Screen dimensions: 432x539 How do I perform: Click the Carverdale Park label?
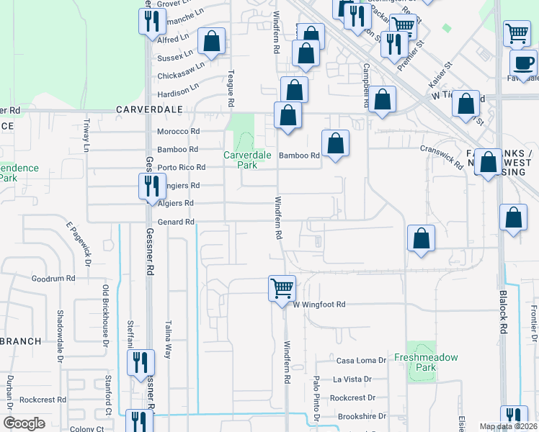point(241,159)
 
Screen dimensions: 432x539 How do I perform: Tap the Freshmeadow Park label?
point(416,362)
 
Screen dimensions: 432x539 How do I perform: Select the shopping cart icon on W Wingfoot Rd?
point(282,288)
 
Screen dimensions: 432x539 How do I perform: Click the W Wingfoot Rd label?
point(319,305)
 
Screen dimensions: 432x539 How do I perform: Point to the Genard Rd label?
point(176,222)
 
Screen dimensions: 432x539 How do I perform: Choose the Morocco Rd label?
point(178,132)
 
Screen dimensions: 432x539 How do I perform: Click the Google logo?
point(24,423)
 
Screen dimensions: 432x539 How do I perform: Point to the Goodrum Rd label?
point(53,278)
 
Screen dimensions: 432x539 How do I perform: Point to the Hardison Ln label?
point(178,91)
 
